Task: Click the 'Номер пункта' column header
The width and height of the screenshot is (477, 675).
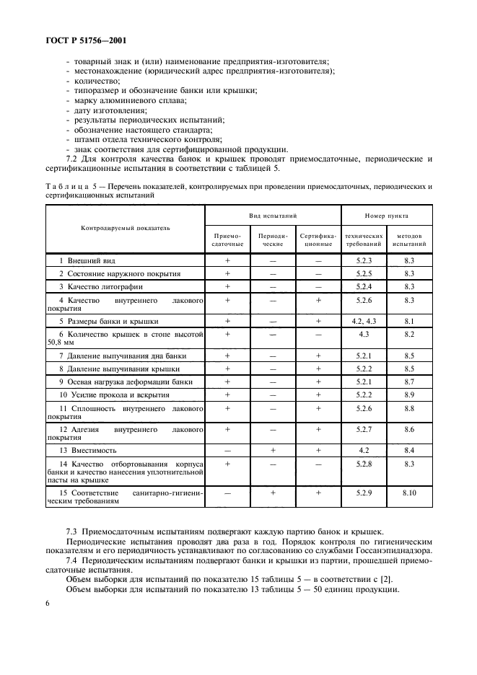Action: click(386, 216)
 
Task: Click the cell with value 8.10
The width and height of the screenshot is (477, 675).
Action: click(408, 493)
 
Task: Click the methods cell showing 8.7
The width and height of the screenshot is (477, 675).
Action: click(408, 381)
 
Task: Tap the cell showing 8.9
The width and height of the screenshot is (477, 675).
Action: click(408, 394)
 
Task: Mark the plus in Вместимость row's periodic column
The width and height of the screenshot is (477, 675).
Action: click(273, 449)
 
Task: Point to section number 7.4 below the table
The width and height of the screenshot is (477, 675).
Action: click(72, 560)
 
